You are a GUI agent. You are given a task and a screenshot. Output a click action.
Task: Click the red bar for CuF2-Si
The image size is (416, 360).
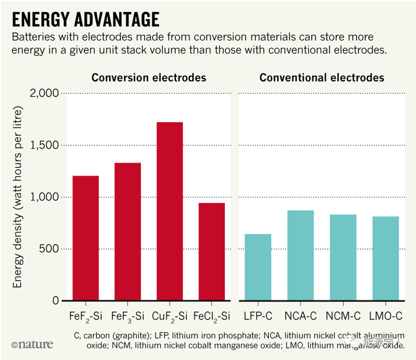tap(169, 211)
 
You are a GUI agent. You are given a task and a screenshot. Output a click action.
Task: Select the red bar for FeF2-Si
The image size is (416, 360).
tap(85, 238)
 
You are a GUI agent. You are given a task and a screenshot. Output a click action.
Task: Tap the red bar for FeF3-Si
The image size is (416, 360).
tap(127, 232)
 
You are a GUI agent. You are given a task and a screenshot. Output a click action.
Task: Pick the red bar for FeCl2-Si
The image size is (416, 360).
tap(211, 252)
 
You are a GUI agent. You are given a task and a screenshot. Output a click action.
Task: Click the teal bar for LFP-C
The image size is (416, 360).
tap(258, 267)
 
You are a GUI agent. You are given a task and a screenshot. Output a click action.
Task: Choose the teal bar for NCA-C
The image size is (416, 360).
tap(300, 255)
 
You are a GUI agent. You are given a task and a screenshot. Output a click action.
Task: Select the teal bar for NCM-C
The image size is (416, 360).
tap(343, 257)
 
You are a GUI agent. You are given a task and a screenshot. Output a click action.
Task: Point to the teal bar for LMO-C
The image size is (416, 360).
tap(386, 258)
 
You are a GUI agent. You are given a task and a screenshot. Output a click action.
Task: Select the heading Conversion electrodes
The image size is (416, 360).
tap(148, 78)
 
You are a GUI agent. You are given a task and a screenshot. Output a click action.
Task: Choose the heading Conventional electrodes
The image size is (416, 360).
tap(322, 78)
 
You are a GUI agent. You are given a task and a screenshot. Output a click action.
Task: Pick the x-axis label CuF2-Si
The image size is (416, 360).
tap(169, 316)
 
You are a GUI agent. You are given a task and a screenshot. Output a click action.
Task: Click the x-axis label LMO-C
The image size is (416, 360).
tap(386, 316)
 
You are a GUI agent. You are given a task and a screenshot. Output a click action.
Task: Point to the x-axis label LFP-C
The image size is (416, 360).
tap(258, 316)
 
